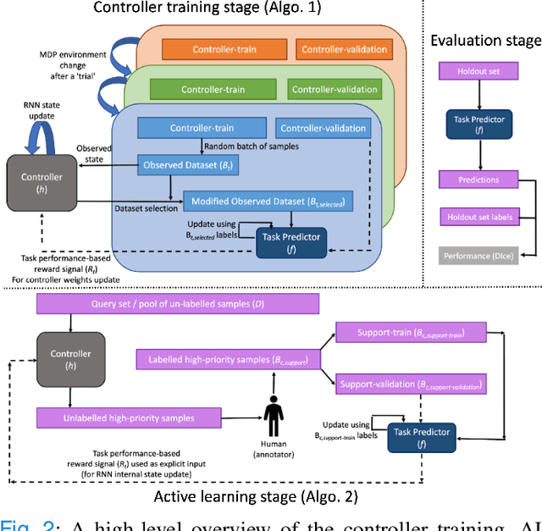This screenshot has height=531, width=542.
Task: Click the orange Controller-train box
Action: (x=224, y=48)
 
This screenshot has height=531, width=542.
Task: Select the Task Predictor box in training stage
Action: (x=290, y=241)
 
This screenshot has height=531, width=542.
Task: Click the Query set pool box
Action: (x=176, y=302)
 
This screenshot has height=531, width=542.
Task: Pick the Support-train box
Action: (x=400, y=331)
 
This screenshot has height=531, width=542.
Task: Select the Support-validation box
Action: (x=411, y=385)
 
